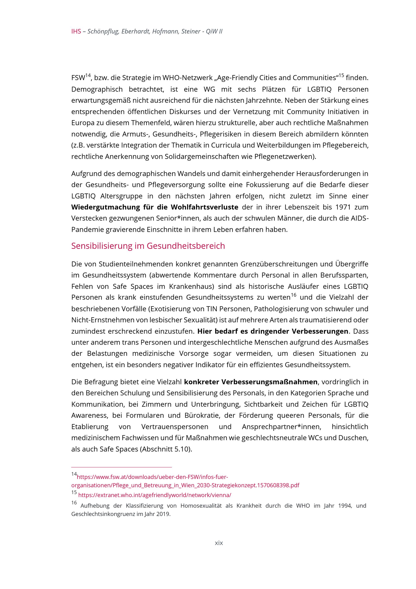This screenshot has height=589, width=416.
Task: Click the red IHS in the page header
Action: (76, 32)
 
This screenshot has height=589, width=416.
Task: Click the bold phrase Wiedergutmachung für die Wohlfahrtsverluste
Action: (155, 207)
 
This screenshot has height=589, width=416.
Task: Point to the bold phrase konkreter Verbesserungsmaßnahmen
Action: (251, 382)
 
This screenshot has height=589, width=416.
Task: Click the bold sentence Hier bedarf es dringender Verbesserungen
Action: (273, 331)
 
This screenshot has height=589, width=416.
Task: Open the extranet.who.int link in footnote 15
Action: (155, 495)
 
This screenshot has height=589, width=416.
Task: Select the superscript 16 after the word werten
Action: (293, 296)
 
